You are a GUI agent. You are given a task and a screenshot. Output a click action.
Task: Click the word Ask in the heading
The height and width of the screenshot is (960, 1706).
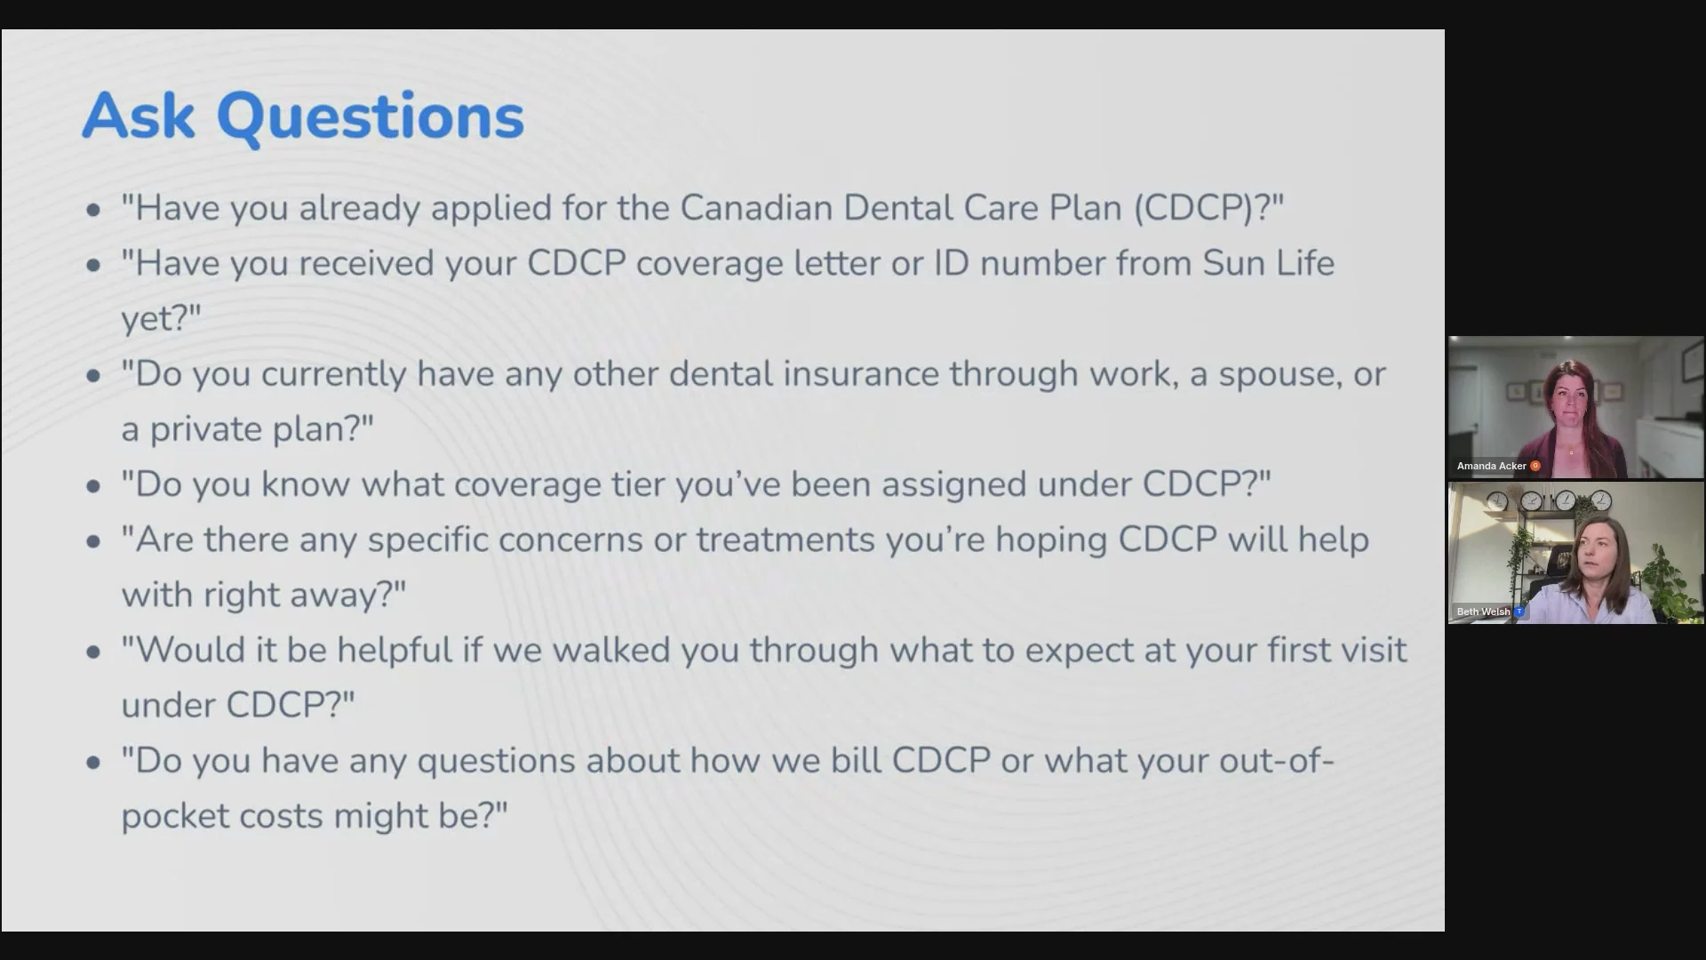coord(139,116)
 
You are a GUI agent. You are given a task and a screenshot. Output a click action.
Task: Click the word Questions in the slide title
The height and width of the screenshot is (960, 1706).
coord(371,119)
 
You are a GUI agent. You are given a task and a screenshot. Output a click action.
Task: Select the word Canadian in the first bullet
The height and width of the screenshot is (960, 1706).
coord(757,207)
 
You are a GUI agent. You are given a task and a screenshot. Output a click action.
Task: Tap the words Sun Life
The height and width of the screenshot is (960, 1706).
coord(1269,263)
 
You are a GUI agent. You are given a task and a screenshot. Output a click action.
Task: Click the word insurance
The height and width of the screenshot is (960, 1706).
coord(860,374)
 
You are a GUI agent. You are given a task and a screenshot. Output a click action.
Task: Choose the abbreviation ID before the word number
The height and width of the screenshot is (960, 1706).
coord(952,263)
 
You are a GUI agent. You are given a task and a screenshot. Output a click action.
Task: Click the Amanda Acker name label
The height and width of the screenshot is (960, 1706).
coord(1491,466)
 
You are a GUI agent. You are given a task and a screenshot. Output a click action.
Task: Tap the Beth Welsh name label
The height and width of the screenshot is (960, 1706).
coord(1483,612)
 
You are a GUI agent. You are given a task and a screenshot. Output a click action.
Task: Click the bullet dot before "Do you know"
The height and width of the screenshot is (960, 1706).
coord(93,486)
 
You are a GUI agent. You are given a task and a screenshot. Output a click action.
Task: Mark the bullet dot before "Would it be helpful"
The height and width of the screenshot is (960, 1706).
coord(93,652)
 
